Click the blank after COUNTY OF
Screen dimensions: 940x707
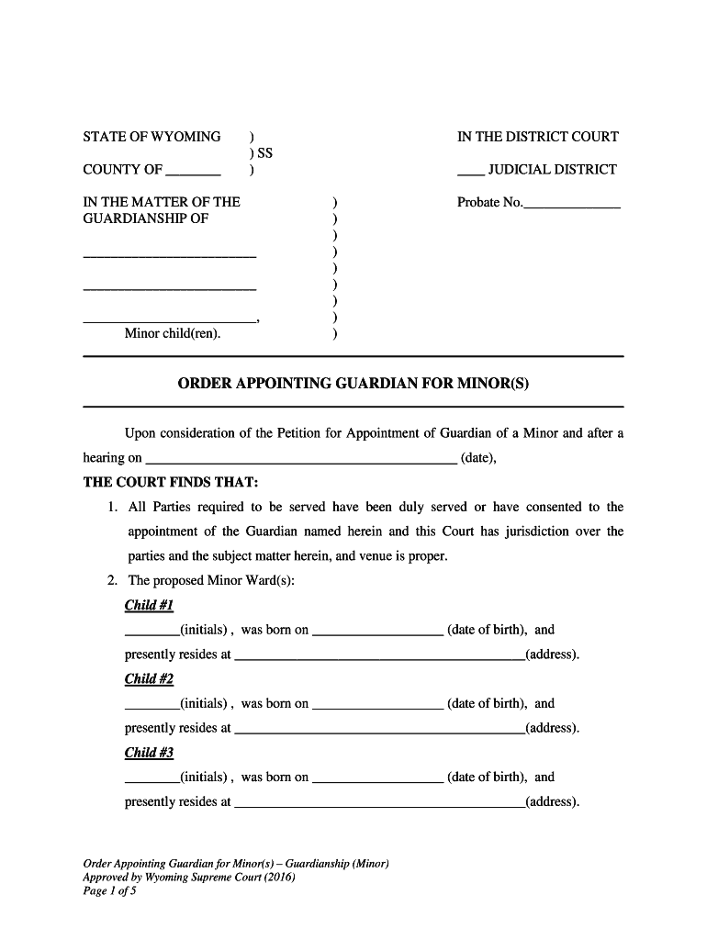194,171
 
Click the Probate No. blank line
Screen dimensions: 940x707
571,204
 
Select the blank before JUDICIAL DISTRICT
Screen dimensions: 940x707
469,171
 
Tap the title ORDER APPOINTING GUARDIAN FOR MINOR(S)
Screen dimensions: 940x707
353,383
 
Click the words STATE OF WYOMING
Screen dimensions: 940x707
151,137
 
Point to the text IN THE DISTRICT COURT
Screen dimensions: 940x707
537,137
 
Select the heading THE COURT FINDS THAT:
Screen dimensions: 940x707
171,482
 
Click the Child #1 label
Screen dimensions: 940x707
149,606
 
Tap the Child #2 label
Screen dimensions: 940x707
149,679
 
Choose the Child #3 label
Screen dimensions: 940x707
149,753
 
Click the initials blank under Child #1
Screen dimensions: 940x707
151,632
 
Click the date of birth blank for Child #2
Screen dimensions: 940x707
377,705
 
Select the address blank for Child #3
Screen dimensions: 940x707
379,803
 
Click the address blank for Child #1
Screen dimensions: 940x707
379,656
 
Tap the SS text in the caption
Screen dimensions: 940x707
264,153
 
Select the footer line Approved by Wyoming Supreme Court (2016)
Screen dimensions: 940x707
189,877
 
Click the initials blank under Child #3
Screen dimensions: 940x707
151,778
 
